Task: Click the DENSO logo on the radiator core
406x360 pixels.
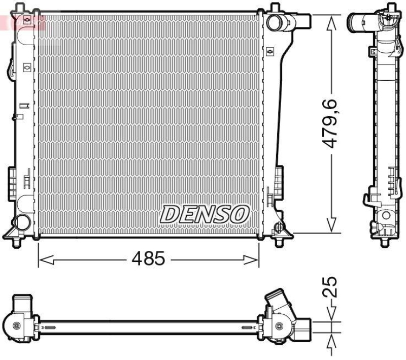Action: click(x=204, y=214)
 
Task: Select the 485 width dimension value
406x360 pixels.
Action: click(x=148, y=259)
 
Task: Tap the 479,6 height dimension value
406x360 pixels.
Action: click(x=331, y=124)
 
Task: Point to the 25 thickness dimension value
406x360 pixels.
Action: click(x=330, y=287)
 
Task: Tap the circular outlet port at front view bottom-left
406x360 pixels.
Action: click(x=21, y=222)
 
